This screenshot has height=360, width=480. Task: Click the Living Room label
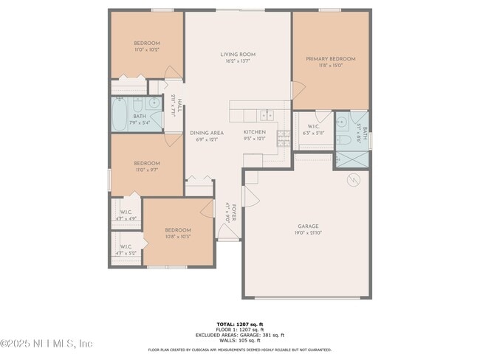pyautogui.click(x=239, y=54)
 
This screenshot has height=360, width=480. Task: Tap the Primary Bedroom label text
pyautogui.click(x=331, y=58)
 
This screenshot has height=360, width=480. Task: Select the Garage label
pyautogui.click(x=309, y=226)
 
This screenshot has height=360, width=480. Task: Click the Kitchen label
pyautogui.click(x=255, y=132)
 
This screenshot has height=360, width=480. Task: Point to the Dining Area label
pyautogui.click(x=206, y=133)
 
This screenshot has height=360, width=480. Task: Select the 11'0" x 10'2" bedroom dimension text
pyautogui.click(x=146, y=49)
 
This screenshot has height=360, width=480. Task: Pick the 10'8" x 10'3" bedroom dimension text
pyautogui.click(x=178, y=236)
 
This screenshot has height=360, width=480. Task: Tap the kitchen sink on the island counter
pyautogui.click(x=267, y=114)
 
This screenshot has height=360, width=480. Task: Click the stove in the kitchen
pyautogui.click(x=284, y=136)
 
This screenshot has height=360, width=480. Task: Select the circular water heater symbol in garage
pyautogui.click(x=352, y=180)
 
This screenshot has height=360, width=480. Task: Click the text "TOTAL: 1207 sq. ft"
pyautogui.click(x=239, y=324)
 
